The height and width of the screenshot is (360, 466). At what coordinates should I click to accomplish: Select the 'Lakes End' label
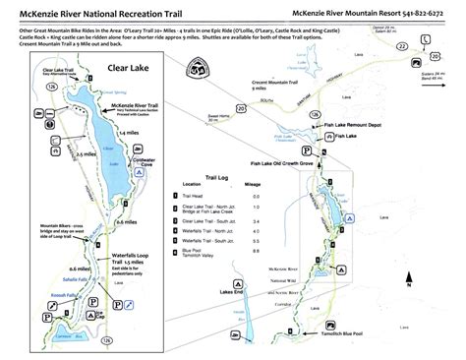233,293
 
